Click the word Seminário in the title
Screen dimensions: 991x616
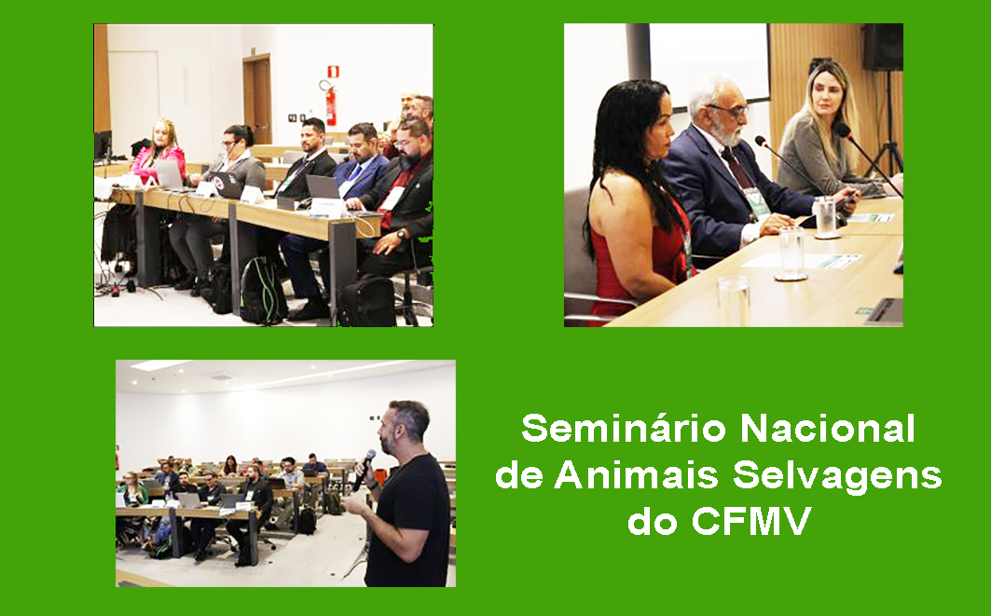click(623, 429)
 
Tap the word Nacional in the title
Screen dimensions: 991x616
click(828, 429)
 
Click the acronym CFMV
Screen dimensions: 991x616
click(750, 521)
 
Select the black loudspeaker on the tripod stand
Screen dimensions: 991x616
click(883, 47)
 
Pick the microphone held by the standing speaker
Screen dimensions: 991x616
click(364, 470)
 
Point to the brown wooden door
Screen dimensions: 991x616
click(258, 99)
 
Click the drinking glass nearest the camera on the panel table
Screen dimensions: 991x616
click(733, 301)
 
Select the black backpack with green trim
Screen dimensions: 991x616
click(263, 290)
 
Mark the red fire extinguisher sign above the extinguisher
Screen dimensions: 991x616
click(333, 71)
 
